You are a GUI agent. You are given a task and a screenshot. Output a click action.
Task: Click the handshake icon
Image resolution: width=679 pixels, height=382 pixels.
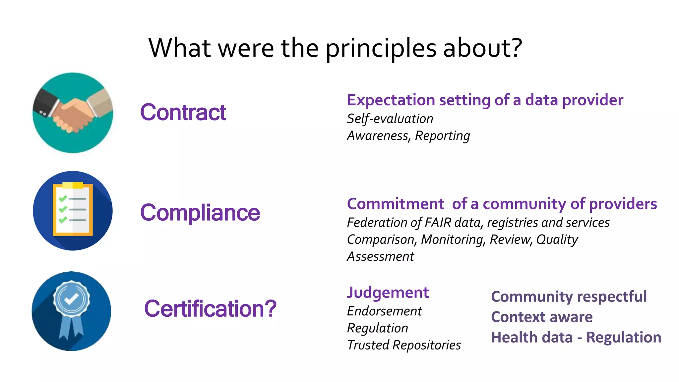(73, 113)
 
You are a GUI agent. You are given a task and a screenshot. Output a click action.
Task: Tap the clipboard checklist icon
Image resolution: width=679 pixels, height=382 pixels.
(73, 211)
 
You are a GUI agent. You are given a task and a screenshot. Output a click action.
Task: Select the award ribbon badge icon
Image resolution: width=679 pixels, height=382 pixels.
(71, 311)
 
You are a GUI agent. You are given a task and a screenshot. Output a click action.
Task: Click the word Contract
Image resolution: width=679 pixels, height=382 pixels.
(183, 112)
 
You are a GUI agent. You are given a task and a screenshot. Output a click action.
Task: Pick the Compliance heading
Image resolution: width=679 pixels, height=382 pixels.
(200, 212)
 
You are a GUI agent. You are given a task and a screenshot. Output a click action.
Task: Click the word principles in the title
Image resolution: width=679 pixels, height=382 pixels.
(381, 49)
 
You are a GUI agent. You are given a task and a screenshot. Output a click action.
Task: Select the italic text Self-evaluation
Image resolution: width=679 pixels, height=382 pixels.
(390, 119)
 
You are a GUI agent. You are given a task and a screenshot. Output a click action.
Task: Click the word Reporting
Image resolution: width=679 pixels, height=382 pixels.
(442, 136)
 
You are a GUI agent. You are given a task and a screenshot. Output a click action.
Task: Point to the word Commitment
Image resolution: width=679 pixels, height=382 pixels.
(395, 204)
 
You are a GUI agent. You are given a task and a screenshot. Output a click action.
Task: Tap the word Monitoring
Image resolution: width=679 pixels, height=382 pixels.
(452, 240)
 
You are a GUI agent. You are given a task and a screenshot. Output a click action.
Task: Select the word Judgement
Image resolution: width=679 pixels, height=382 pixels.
(388, 293)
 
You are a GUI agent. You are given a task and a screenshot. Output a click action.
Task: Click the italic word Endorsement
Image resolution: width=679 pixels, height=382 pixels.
(384, 311)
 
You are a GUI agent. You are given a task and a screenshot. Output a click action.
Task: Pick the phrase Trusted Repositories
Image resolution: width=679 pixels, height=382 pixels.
(404, 345)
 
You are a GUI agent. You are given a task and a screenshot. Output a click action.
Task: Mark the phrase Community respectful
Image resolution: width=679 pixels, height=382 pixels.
(569, 297)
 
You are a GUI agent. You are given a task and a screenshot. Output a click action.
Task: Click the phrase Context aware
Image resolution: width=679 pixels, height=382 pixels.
(542, 317)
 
